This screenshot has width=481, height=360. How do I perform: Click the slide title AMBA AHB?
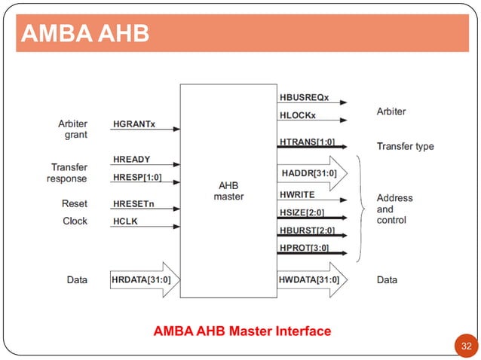(x=84, y=34)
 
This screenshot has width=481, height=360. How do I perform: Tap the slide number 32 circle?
(x=466, y=346)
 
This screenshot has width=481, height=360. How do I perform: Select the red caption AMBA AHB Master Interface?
(x=242, y=331)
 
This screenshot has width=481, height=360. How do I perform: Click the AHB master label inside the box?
(x=229, y=191)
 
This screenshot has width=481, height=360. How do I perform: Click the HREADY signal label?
(x=131, y=160)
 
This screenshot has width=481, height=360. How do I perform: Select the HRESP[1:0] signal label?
(x=136, y=178)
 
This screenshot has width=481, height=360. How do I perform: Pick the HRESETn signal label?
(x=133, y=204)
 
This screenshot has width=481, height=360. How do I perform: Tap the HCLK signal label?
(x=125, y=221)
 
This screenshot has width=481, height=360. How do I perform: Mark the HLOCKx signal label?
(x=298, y=115)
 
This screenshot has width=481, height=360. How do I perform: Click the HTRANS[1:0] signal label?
(x=307, y=141)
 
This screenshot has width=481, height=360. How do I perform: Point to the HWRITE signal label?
(x=297, y=195)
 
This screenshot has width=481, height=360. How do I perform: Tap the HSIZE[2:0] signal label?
(x=302, y=212)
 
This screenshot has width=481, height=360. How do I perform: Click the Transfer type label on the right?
(x=405, y=146)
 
